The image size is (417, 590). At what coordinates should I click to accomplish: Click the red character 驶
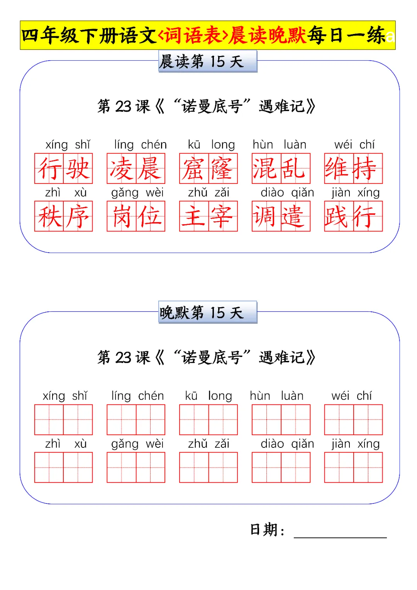78,168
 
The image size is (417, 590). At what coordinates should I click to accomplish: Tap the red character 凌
122,168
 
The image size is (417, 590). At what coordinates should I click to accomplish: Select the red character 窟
194,168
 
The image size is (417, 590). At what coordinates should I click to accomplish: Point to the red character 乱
295,168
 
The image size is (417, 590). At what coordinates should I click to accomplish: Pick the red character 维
339,168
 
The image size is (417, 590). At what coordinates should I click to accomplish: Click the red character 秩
49,216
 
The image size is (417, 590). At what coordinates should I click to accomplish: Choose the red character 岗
122,216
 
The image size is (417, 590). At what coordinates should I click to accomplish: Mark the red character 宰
223,216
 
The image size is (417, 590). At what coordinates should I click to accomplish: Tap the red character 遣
295,216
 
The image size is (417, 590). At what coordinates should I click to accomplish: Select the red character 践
339,216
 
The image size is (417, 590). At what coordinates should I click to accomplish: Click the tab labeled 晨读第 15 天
207,61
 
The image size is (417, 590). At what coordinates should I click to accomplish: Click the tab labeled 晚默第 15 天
207,312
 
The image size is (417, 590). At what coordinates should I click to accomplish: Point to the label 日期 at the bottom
264,529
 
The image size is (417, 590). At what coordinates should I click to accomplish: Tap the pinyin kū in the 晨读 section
194,145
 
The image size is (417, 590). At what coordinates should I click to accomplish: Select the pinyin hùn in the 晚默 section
260,396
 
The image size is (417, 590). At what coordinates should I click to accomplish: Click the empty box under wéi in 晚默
339,420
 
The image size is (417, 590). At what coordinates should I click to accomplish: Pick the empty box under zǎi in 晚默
223,468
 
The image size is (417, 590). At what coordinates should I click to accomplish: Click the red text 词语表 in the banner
193,36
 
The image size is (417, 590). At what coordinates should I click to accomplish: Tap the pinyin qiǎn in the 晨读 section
302,192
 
